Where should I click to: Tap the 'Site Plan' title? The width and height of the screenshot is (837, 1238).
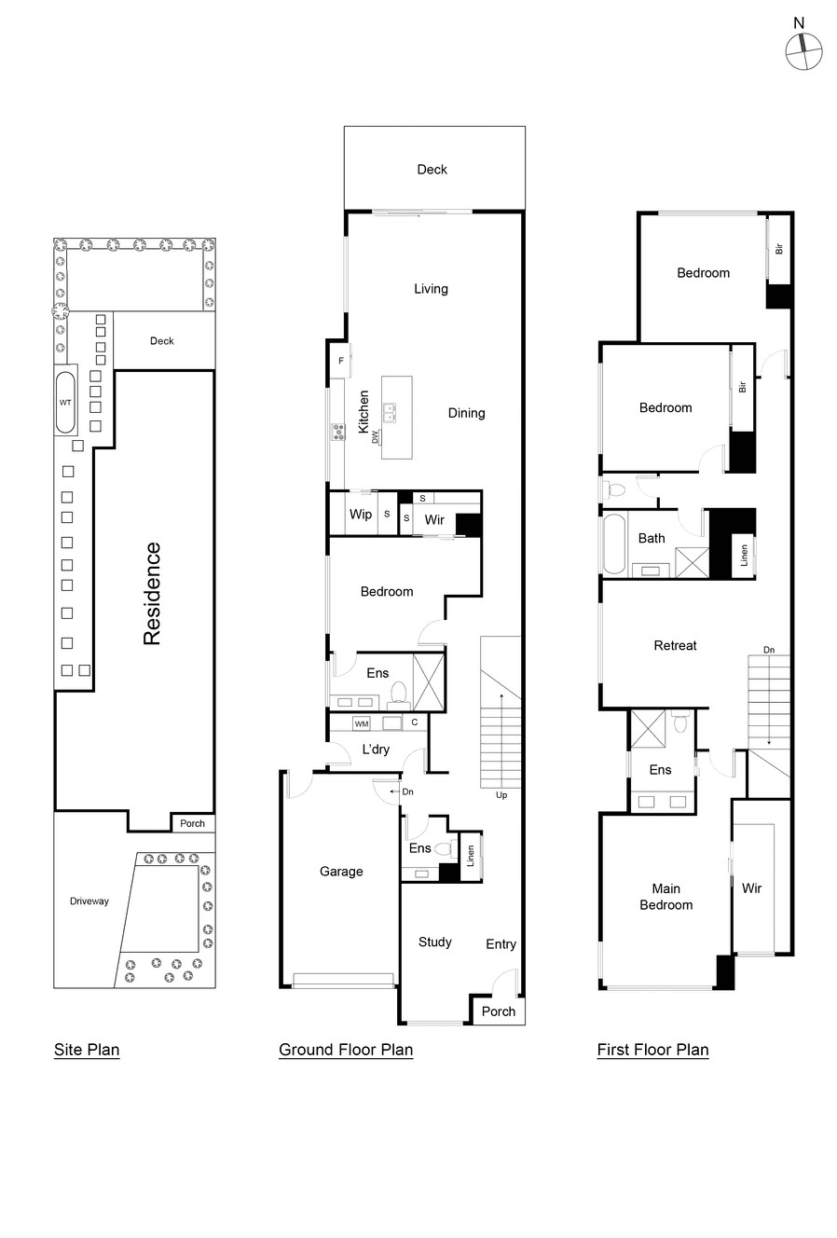[x=87, y=1050]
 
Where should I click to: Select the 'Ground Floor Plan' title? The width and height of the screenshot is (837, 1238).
[x=346, y=1050]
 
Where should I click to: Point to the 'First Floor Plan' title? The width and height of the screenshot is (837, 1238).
[x=652, y=1050]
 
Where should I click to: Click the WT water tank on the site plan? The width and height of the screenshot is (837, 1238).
[x=65, y=403]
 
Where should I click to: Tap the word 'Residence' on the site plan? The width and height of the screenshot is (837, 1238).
[x=152, y=594]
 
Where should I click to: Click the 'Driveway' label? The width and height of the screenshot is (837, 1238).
[x=89, y=901]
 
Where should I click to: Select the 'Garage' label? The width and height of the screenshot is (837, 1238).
[x=341, y=872]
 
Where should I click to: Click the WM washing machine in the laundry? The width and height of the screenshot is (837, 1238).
[x=362, y=723]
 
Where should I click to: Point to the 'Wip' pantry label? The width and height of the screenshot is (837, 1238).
[x=361, y=515]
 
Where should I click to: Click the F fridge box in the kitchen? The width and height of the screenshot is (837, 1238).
[x=341, y=360]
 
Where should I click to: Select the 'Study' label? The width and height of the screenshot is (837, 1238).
[x=434, y=942]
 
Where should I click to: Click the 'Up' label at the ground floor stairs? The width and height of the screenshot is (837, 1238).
[x=501, y=795]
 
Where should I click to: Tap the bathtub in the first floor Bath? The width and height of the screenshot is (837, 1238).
[x=615, y=544]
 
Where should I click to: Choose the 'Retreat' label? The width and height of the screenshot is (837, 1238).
[x=675, y=645]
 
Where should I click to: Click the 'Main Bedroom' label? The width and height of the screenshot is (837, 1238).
[x=665, y=897]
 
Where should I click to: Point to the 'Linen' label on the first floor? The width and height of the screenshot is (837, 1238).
[x=744, y=556]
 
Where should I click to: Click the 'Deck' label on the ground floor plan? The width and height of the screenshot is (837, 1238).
[x=432, y=170]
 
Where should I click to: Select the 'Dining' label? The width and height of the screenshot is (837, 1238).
[x=466, y=413]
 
